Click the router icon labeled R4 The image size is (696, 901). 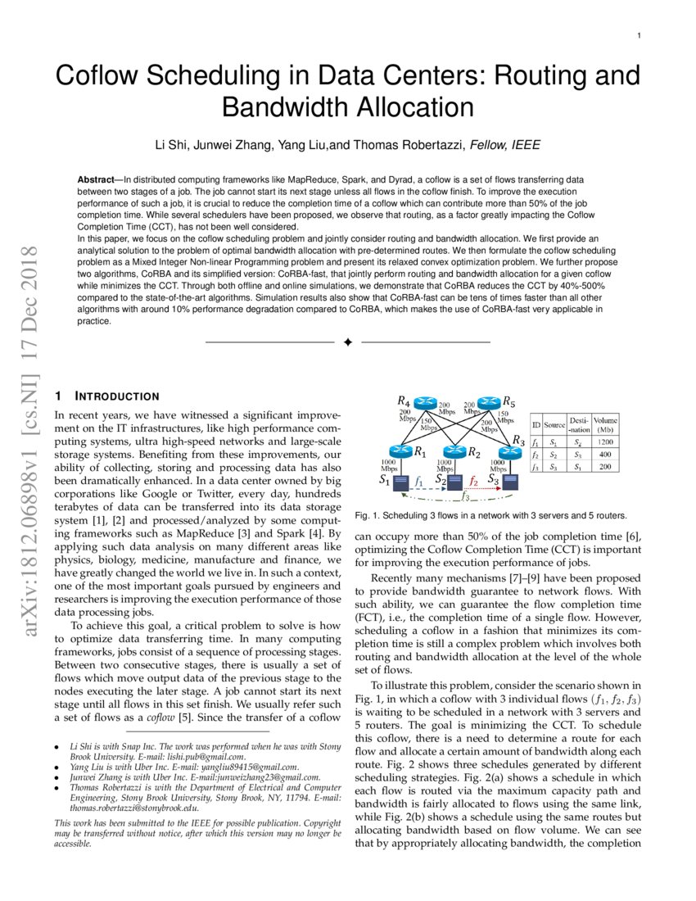click(x=426, y=403)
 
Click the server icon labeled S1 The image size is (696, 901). click(x=401, y=482)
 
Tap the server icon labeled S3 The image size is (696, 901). click(x=508, y=482)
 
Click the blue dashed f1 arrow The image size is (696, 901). click(x=422, y=489)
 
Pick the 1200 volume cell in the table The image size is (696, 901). click(x=605, y=441)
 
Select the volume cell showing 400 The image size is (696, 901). click(x=605, y=454)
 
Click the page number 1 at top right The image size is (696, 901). click(x=638, y=36)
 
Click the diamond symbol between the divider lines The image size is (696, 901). click(x=347, y=342)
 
